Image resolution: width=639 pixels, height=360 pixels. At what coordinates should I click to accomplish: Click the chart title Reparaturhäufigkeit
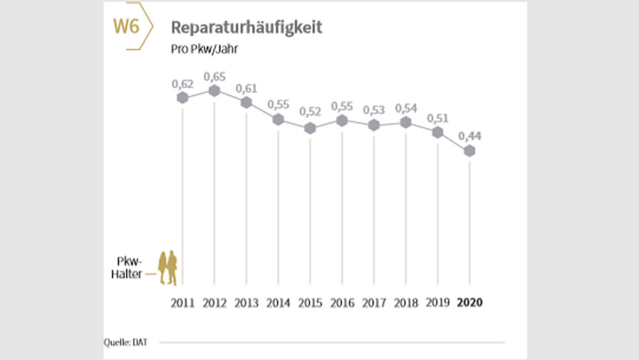246,27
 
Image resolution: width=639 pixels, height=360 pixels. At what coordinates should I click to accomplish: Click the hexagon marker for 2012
214,91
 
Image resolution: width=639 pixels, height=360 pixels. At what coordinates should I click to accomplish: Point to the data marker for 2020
469,152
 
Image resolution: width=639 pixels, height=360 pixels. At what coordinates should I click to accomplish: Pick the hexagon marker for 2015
310,128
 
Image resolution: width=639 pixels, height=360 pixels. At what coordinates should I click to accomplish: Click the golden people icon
168,268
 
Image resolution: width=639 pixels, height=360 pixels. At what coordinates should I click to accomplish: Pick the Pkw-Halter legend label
129,267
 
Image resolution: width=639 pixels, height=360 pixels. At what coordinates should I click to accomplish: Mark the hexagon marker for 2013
246,102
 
